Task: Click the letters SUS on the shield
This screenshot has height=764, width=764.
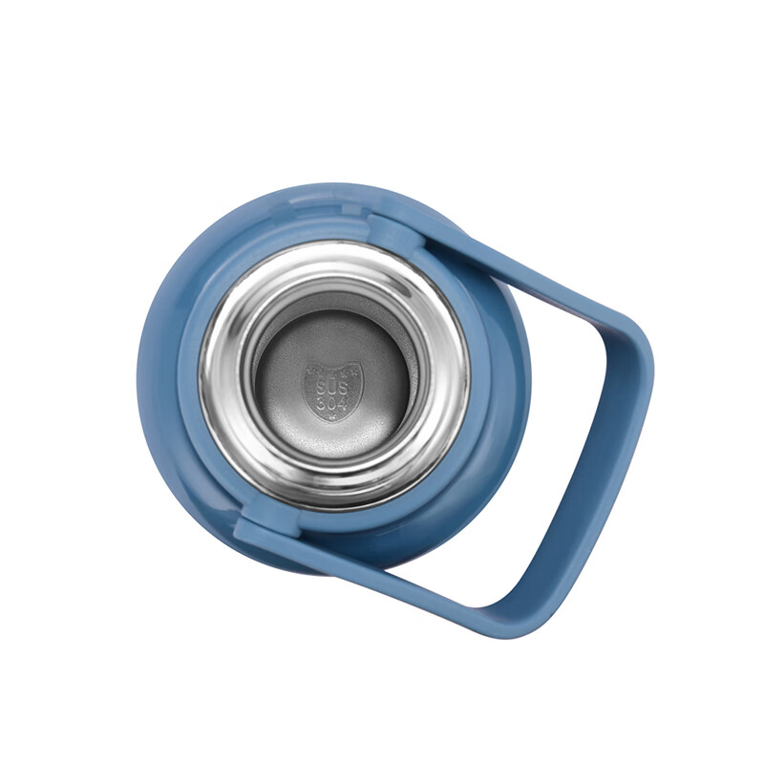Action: pyautogui.click(x=332, y=388)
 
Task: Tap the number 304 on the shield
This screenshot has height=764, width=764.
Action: pyautogui.click(x=332, y=403)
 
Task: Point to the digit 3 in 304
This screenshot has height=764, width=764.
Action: pyautogui.click(x=322, y=403)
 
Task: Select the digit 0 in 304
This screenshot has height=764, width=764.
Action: pyautogui.click(x=332, y=403)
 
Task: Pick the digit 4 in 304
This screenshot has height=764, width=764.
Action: pyautogui.click(x=344, y=404)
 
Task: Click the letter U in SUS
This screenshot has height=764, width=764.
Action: pyautogui.click(x=332, y=388)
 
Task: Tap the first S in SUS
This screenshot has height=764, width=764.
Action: pyautogui.click(x=322, y=388)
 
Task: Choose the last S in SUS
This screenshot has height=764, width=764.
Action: pyautogui.click(x=344, y=388)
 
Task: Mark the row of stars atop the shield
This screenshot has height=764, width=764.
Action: pyautogui.click(x=333, y=371)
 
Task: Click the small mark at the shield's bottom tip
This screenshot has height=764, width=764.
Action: pyautogui.click(x=332, y=417)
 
